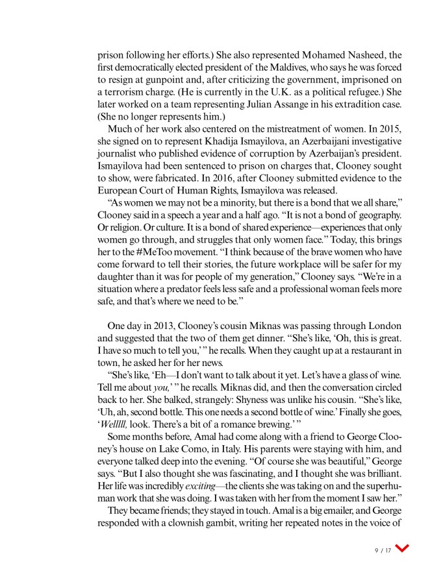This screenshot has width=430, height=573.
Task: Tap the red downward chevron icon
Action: tap(403, 549)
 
